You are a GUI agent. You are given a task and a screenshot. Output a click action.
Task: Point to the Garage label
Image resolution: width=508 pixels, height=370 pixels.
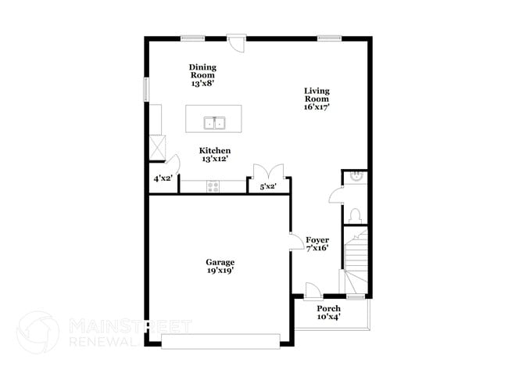pyautogui.click(x=220, y=262)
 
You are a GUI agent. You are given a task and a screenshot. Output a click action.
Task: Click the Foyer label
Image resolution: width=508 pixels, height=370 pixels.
pyautogui.click(x=317, y=240)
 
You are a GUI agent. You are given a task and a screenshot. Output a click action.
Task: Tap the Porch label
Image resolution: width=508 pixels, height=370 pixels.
pyautogui.click(x=328, y=309)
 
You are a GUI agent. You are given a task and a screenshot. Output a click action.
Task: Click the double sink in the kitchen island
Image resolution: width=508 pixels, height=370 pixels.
pyautogui.click(x=214, y=123)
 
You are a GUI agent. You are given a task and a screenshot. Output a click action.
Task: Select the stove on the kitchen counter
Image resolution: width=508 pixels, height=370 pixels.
pyautogui.click(x=213, y=185)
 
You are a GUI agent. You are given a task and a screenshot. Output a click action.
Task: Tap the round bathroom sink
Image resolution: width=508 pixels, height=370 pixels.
pyautogui.click(x=356, y=178)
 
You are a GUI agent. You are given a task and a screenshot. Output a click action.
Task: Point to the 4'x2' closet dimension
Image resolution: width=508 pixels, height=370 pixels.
pyautogui.click(x=163, y=178)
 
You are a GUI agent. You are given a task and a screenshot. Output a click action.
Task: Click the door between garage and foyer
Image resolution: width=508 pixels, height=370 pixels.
pyautogui.click(x=296, y=242)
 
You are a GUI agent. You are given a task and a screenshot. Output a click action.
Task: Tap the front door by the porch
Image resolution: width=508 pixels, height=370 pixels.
pyautogui.click(x=312, y=289)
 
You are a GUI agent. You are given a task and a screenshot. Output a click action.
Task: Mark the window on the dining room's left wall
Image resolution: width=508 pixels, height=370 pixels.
pyautogui.click(x=146, y=88)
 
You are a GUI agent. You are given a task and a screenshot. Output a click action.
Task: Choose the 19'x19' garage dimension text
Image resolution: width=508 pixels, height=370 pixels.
pyautogui.click(x=220, y=271)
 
